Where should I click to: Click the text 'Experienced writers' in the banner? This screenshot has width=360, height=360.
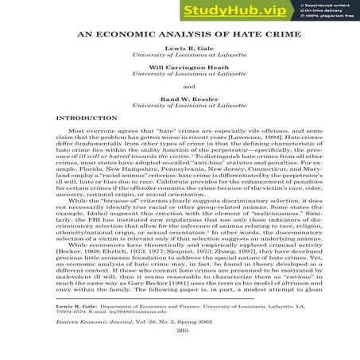tap(327, 5)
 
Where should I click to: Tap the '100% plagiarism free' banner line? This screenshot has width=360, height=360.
tap(328, 17)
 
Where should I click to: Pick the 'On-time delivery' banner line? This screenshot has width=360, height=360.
tap(323, 11)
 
